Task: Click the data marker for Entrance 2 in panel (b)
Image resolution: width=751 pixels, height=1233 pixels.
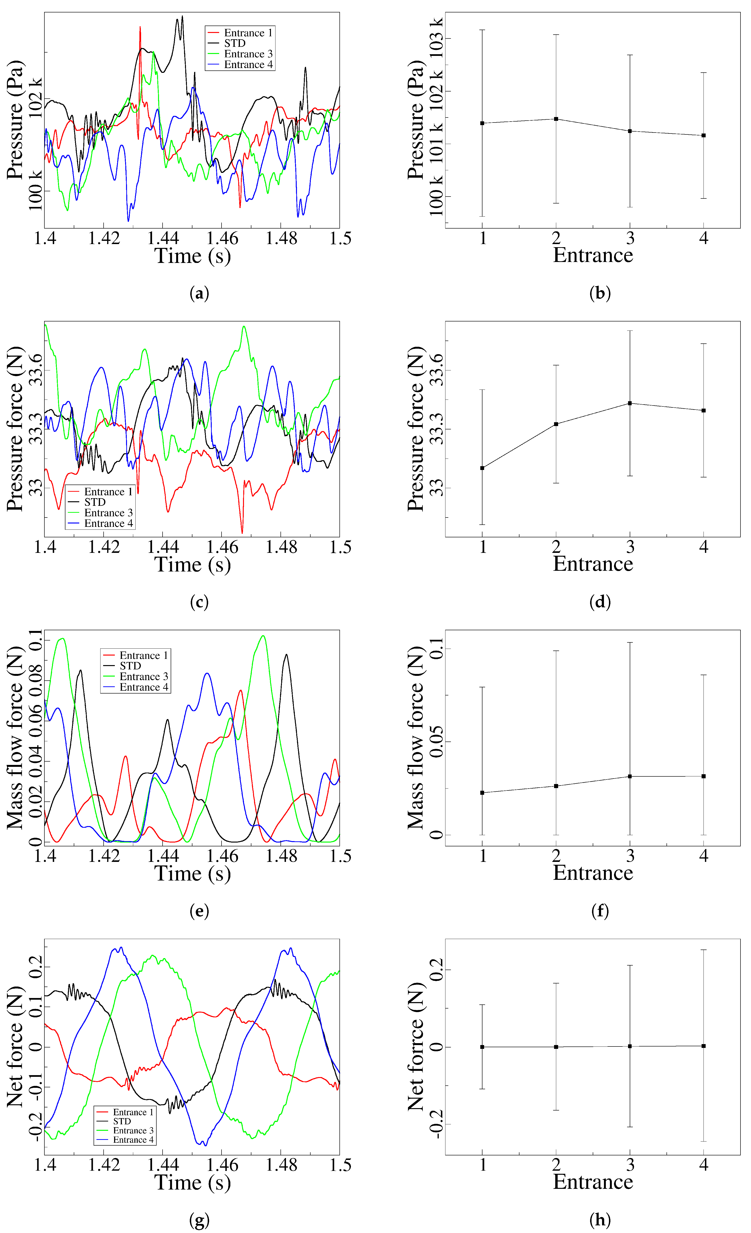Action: [x=556, y=119]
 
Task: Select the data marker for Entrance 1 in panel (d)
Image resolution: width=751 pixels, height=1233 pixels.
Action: [x=482, y=468]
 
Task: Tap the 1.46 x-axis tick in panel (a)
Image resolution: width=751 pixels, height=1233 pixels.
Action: [x=222, y=239]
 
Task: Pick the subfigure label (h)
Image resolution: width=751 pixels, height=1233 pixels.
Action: [x=600, y=1220]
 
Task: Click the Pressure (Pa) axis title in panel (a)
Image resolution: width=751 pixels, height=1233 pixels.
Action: [x=15, y=120]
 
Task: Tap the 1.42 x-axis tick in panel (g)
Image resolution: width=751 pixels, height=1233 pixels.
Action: [x=104, y=1165]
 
